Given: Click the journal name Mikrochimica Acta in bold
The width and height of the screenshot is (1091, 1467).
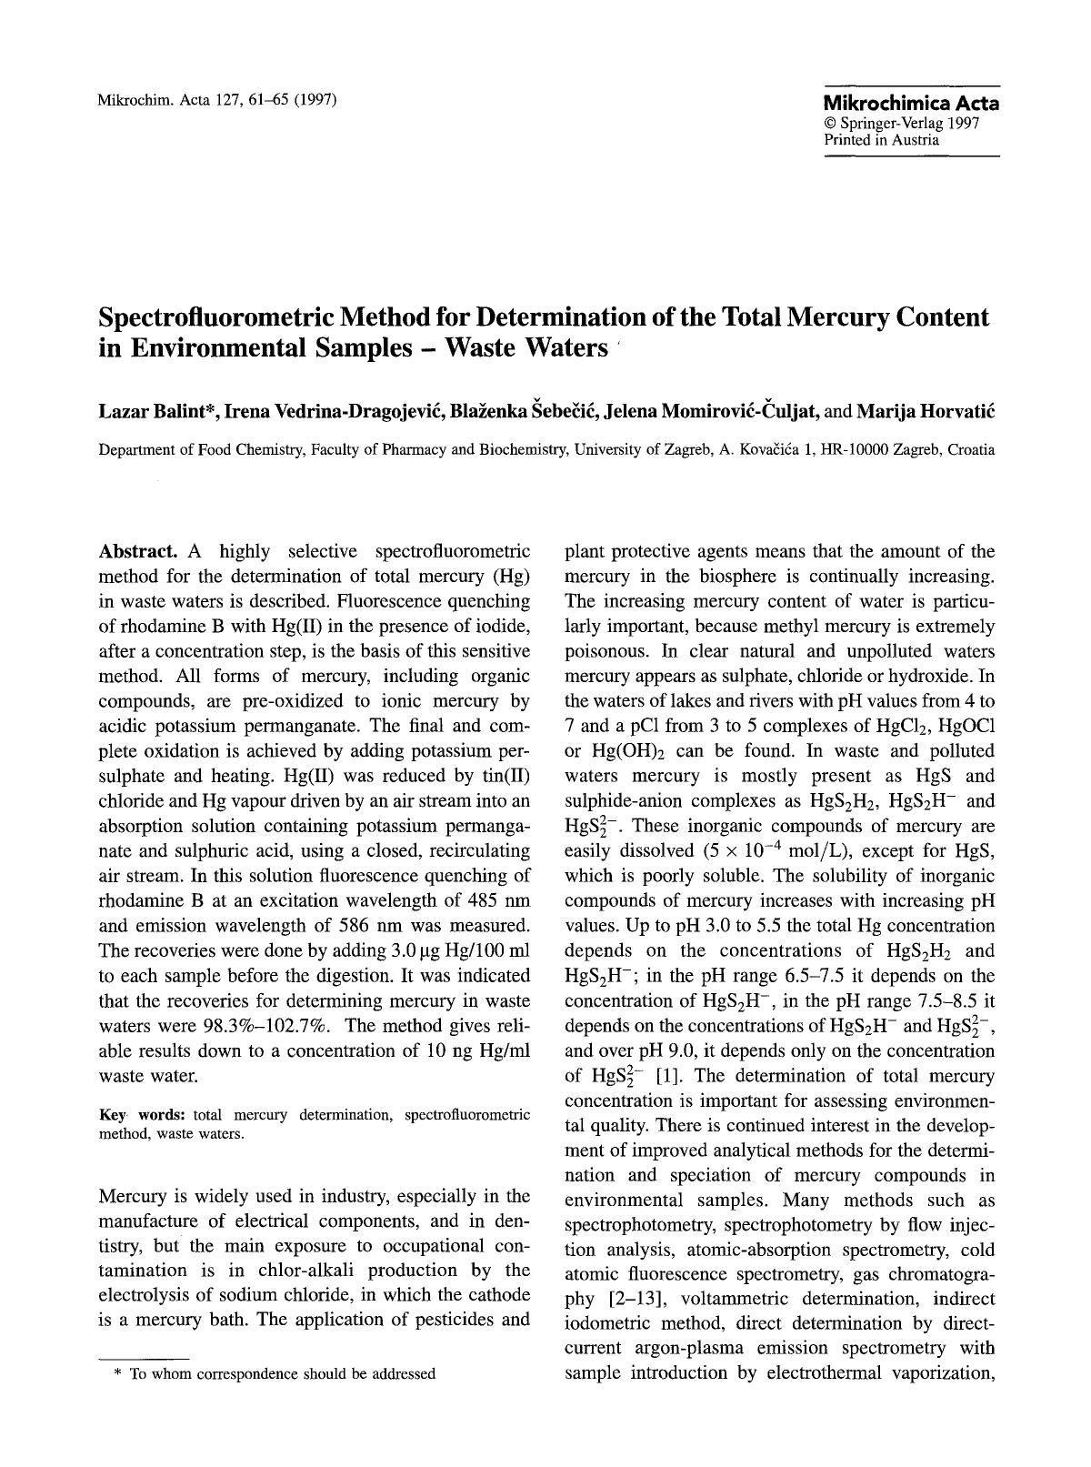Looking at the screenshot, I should (910, 103).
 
